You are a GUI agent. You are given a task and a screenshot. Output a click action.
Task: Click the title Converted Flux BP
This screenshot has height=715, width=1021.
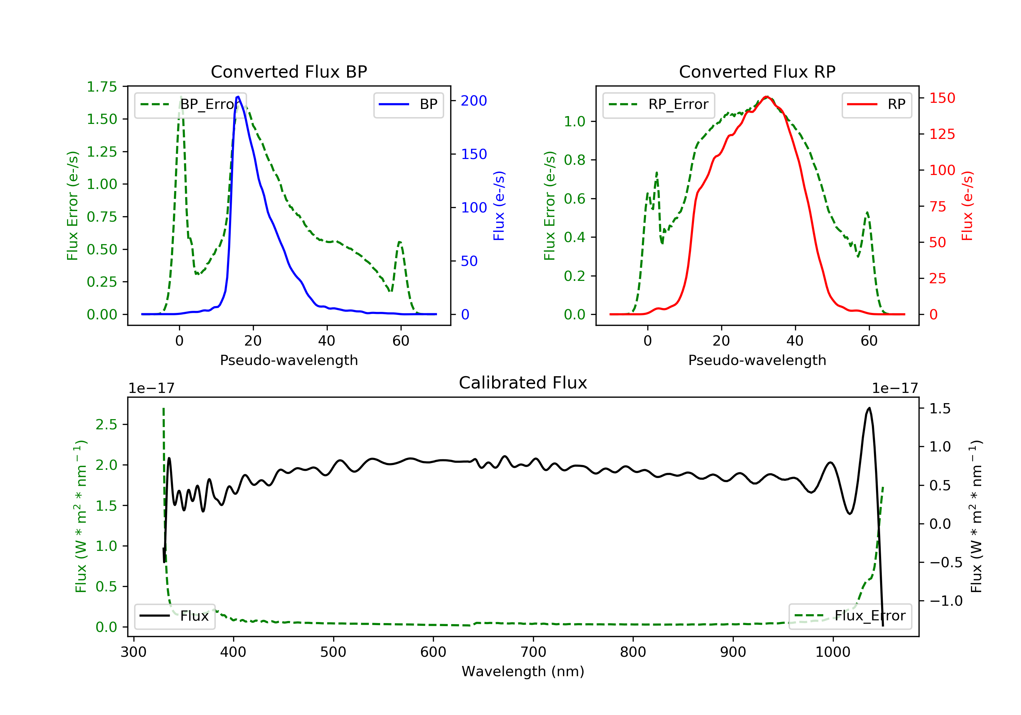[x=289, y=71]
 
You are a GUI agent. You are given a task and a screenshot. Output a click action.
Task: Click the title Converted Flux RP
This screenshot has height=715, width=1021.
[x=757, y=71]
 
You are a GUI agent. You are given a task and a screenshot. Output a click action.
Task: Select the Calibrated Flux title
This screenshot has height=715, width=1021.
[x=523, y=383]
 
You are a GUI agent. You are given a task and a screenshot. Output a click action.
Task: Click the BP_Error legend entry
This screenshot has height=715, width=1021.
[x=190, y=105]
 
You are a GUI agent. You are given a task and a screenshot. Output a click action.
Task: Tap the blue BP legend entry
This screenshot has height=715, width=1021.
[x=408, y=105]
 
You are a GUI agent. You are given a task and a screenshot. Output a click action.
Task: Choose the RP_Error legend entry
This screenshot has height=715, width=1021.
[x=659, y=105]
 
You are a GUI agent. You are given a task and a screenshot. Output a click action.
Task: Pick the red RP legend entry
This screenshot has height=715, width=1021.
[x=876, y=105]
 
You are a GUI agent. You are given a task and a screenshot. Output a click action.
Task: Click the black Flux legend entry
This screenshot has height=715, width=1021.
[x=174, y=616]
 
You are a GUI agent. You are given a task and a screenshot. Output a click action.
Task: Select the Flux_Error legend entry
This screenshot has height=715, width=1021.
[x=850, y=616]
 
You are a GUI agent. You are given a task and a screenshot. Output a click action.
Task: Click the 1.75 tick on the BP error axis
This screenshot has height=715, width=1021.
[x=102, y=87]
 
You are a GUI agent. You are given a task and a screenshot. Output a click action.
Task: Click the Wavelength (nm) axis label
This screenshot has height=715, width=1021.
[x=523, y=671]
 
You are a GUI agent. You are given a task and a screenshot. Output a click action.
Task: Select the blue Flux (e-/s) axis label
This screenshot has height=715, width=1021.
[x=499, y=206]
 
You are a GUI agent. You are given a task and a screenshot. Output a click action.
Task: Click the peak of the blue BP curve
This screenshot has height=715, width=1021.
[x=238, y=97]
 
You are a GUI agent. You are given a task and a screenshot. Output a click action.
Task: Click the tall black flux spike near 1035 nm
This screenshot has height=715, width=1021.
[x=869, y=408]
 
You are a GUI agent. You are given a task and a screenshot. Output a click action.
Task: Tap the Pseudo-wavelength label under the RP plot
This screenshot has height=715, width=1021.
[x=757, y=360]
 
